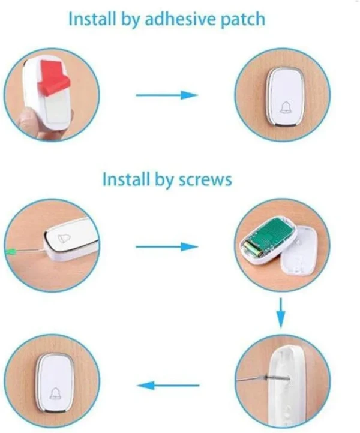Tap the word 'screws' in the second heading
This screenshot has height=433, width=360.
[x=205, y=180]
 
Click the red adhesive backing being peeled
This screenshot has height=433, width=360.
[x=54, y=75]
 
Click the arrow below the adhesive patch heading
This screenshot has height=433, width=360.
[x=167, y=95]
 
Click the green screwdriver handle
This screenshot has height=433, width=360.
[x=11, y=251]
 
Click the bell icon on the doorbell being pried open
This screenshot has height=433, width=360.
[x=64, y=238]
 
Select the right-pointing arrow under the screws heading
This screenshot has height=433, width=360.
[x=167, y=247]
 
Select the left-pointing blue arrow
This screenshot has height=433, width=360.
[x=168, y=386]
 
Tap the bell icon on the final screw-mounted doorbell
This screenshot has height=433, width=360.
[x=56, y=393]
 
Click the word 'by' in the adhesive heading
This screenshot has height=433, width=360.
[x=130, y=20]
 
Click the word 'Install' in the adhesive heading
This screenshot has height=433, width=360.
[x=92, y=19]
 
